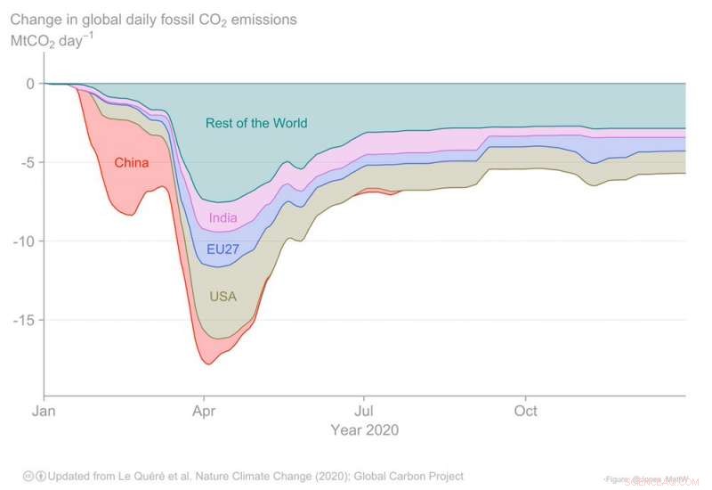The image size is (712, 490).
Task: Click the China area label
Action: coord(131,163)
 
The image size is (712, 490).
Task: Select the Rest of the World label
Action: coord(256,123)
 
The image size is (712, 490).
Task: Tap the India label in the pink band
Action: coord(223,218)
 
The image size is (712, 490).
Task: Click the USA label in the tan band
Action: coord(222,296)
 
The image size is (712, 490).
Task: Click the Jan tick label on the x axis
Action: coord(44,412)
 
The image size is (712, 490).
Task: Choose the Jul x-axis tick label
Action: coord(363,412)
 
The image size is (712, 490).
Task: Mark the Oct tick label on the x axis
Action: coord(526,412)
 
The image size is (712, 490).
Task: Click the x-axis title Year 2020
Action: coord(365,430)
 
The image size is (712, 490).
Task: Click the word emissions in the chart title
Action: coord(265,19)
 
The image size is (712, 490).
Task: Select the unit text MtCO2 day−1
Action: coord(52,40)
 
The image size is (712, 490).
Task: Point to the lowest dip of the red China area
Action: coord(208,363)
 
